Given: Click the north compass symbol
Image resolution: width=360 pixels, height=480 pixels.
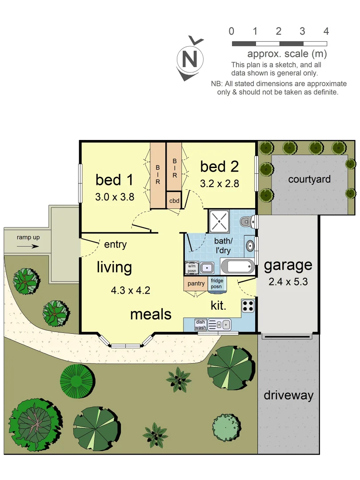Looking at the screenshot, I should click(190, 59).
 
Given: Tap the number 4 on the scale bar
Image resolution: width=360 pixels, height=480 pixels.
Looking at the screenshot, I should click(326, 31).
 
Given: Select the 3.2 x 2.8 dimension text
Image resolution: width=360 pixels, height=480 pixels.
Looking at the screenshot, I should click(220, 183).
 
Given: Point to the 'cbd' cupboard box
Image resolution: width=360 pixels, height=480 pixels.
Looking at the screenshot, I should click(174, 200).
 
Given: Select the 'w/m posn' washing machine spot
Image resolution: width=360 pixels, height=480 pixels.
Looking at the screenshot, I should click(191, 268).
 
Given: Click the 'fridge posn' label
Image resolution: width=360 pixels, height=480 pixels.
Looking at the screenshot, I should click(217, 284).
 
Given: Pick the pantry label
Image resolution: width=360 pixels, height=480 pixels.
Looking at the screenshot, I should click(196, 284).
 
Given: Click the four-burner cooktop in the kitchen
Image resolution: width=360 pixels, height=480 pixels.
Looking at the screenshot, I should click(248, 305).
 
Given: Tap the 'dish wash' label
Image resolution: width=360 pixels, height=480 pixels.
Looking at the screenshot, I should click(200, 325).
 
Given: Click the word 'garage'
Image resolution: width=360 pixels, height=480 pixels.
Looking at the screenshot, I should click(288, 265).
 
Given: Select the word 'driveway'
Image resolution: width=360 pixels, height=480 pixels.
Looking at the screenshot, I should click(288, 395).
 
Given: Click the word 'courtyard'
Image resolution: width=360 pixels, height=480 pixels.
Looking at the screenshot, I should click(309, 180).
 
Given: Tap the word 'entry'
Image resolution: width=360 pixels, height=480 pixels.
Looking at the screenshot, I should click(116, 244).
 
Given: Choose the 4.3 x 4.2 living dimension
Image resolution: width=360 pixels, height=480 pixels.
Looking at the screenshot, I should click(131, 291).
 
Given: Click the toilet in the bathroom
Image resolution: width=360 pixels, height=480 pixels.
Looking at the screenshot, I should click(246, 220).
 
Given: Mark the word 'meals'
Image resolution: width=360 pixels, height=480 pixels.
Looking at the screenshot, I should click(151, 314).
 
